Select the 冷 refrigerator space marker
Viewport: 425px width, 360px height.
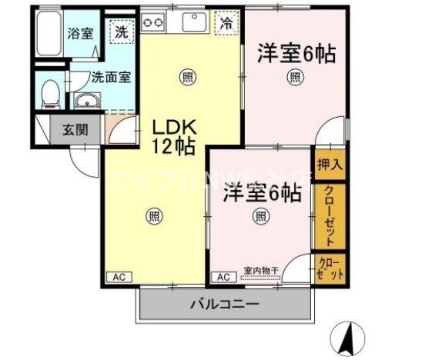click(x=227, y=23)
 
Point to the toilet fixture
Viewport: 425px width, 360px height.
click(x=50, y=92)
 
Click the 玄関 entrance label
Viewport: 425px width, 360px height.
click(x=64, y=129)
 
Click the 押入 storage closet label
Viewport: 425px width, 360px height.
click(x=328, y=165)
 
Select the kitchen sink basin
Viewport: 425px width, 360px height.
click(x=192, y=22)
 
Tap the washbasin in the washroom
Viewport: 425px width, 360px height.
click(x=86, y=101)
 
